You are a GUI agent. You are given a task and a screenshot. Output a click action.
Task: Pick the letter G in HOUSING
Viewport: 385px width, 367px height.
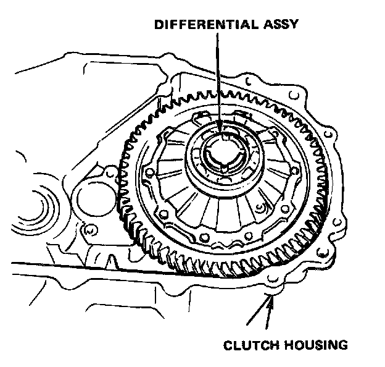tap(343, 344)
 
